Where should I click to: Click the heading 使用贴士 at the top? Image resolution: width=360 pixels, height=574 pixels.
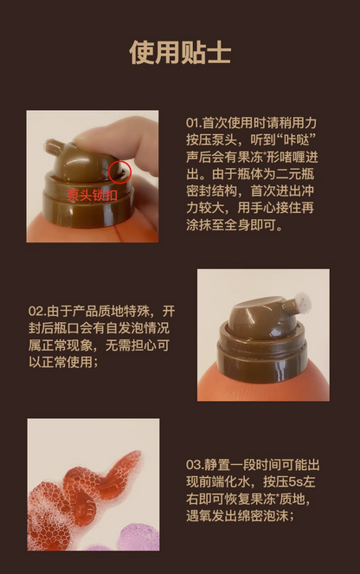coord(180,52)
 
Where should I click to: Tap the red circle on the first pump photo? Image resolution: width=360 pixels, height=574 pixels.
coord(120,171)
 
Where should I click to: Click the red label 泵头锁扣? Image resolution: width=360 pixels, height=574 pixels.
coord(93,196)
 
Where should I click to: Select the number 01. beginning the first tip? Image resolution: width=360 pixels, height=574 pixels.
coord(195,122)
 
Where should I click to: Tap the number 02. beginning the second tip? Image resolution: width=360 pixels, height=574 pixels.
coord(36,310)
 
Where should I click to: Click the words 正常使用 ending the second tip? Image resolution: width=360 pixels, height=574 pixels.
coord(72,362)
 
